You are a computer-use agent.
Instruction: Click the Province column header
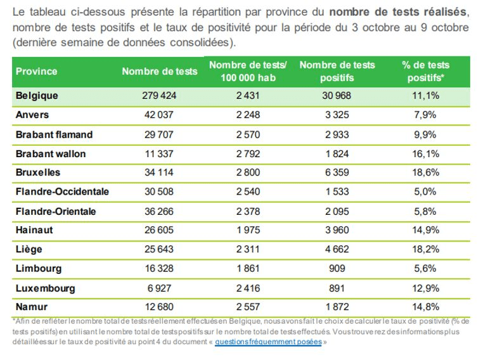click(37, 72)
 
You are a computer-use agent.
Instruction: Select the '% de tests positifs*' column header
click(425, 72)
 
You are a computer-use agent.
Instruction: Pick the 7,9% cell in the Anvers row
click(425, 115)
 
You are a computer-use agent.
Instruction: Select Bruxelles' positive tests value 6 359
click(337, 173)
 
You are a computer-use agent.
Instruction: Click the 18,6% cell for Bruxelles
click(425, 173)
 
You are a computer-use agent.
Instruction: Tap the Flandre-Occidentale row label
click(62, 192)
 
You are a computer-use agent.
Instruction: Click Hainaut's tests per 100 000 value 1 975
click(248, 231)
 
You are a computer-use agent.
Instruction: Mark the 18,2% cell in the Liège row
click(425, 250)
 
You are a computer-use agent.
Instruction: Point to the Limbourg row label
click(39, 269)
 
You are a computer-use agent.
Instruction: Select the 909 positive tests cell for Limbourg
click(337, 269)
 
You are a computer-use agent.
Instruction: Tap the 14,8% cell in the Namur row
click(425, 307)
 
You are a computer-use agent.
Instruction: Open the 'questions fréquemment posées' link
click(268, 342)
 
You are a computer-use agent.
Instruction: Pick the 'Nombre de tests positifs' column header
click(337, 72)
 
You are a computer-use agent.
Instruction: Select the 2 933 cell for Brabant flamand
click(337, 135)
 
